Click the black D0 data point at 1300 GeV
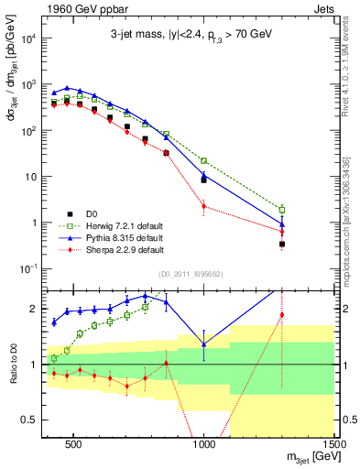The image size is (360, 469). [282, 245]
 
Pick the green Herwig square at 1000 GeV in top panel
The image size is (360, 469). [203, 160]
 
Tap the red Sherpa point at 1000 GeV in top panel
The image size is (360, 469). [203, 206]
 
